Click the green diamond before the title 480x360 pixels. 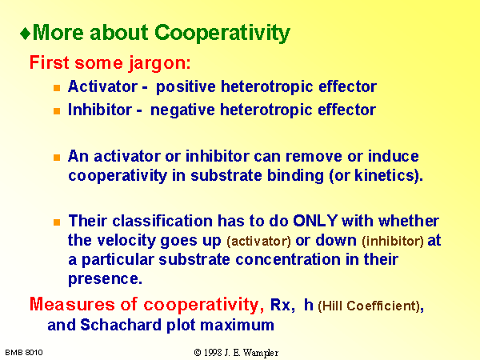[25, 34]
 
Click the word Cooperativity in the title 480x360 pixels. [222, 33]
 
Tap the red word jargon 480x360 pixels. [159, 63]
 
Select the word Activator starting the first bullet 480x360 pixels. [103, 86]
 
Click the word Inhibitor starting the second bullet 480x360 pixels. [100, 110]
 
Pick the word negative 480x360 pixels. [182, 110]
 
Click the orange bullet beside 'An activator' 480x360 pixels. [57, 158]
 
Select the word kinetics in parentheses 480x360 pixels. [383, 175]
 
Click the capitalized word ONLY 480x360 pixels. [315, 221]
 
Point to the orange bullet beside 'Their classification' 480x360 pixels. [57, 222]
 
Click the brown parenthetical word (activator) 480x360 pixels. [258, 242]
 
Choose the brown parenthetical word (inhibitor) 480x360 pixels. [393, 242]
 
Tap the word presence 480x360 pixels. [105, 279]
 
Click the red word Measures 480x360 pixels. [72, 305]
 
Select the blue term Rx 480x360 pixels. [280, 306]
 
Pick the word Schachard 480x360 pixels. [121, 325]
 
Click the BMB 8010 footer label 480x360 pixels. [24, 353]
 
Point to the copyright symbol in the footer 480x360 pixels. [198, 353]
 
